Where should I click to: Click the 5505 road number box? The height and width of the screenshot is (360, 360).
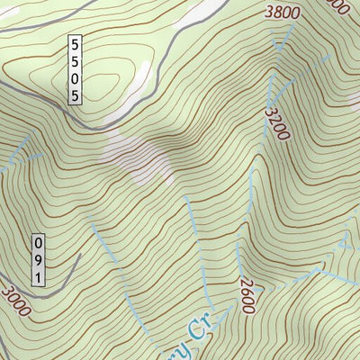click(76, 70)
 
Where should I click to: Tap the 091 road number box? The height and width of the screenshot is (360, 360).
click(38, 260)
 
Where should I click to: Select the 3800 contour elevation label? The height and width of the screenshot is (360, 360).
click(283, 13)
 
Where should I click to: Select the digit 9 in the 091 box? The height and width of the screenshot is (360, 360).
click(38, 260)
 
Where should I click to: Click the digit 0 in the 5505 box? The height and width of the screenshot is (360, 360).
click(76, 78)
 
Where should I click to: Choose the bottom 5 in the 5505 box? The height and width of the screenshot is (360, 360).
click(76, 95)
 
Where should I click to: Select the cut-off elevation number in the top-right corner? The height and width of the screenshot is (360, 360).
click(337, 5)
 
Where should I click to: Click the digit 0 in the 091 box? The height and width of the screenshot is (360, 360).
click(38, 243)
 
